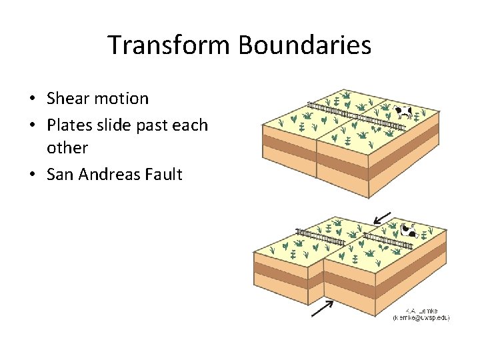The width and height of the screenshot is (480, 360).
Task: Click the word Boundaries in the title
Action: (305, 45)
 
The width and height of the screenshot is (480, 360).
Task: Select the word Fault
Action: (165, 175)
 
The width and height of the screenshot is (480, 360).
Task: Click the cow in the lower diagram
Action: (409, 231)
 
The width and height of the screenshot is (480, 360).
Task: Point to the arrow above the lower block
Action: (383, 217)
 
